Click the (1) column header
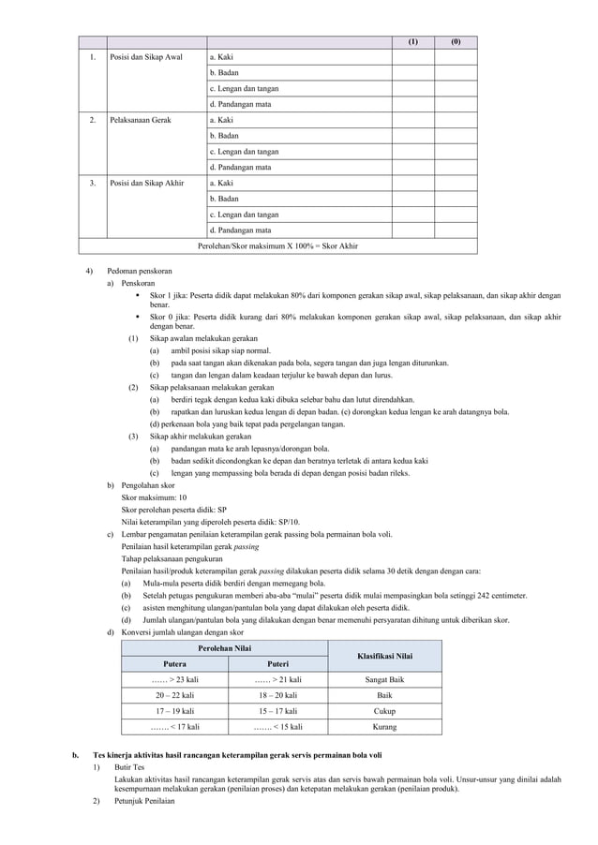pyautogui.click(x=413, y=42)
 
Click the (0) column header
pyautogui.click(x=456, y=42)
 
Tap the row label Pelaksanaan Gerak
pyautogui.click(x=141, y=121)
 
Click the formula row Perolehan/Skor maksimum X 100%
pyautogui.click(x=277, y=246)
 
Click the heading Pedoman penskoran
pyautogui.click(x=140, y=271)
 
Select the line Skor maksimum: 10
pyautogui.click(x=155, y=498)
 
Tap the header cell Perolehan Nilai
pyautogui.click(x=224, y=648)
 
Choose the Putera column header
pyautogui.click(x=174, y=663)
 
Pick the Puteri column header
pyautogui.click(x=277, y=663)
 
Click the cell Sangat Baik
pyautogui.click(x=384, y=679)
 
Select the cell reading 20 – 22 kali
pyautogui.click(x=174, y=695)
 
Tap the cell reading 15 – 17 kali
pyautogui.click(x=277, y=711)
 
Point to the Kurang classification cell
pyautogui.click(x=384, y=727)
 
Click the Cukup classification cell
pyautogui.click(x=384, y=711)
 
